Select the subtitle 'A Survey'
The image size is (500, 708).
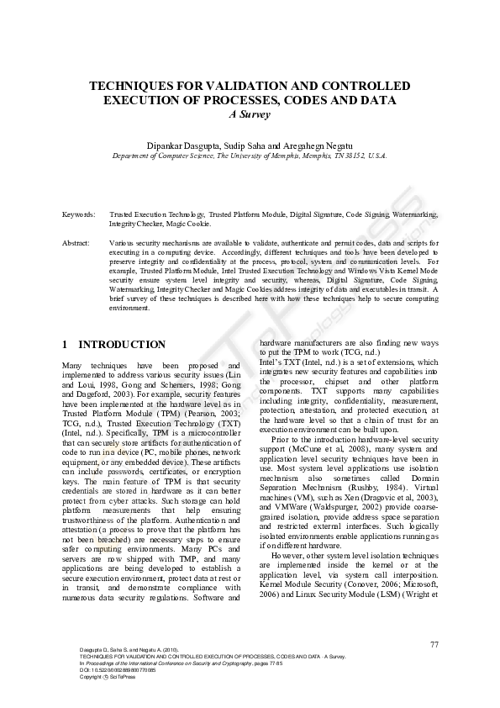pos(250,114)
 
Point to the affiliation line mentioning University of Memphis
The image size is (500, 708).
pos(250,156)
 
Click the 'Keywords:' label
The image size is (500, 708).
pos(79,215)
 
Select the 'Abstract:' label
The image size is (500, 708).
pos(76,242)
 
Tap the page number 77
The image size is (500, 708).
pos(434,644)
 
